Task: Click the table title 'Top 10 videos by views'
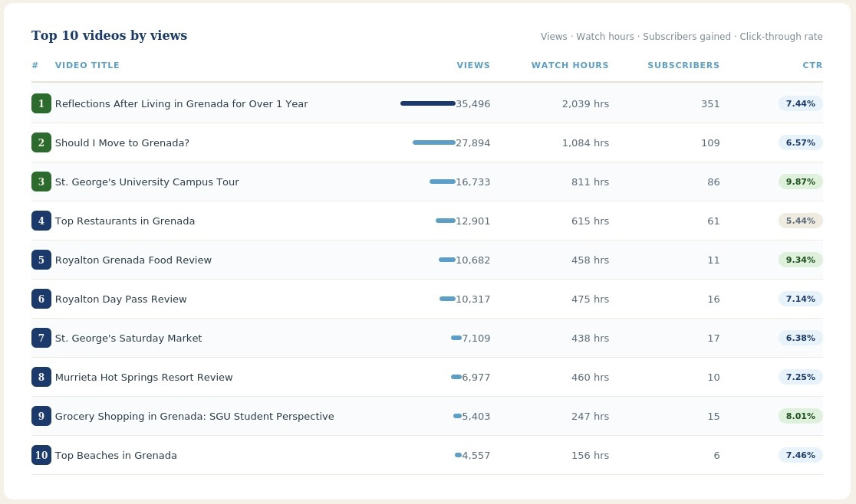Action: tap(109, 35)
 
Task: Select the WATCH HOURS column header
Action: tap(570, 65)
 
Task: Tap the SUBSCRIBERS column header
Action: tap(683, 65)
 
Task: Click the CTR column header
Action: tap(812, 65)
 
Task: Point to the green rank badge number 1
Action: tap(41, 103)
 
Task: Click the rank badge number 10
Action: tap(41, 455)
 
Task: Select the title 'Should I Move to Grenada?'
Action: tap(122, 142)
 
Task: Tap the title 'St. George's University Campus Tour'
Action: tap(147, 182)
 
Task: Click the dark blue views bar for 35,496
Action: tap(428, 103)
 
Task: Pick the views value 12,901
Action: tap(472, 221)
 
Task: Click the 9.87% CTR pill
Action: tap(800, 182)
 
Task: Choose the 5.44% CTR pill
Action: tap(800, 221)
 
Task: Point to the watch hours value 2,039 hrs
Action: tap(585, 103)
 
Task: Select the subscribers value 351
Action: tap(710, 103)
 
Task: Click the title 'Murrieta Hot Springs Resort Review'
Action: tap(143, 377)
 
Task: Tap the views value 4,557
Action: tap(476, 456)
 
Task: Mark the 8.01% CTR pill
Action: tap(800, 416)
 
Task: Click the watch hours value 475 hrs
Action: tap(590, 299)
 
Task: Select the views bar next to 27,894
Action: tap(434, 142)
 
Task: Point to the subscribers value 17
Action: tap(713, 339)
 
